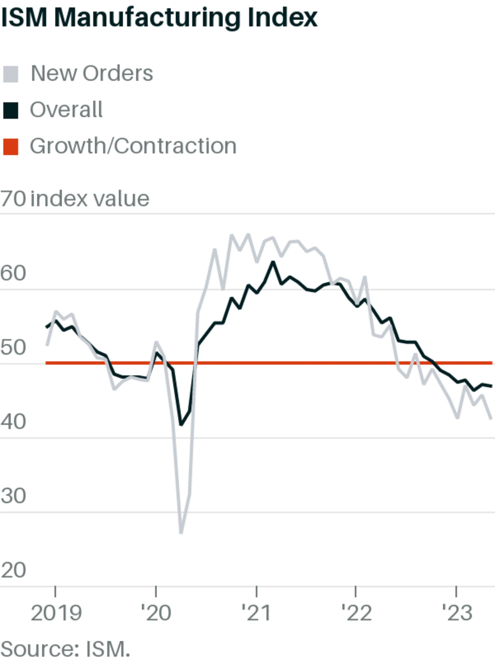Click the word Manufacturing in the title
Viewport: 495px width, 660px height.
click(148, 18)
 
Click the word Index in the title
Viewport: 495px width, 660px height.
click(282, 18)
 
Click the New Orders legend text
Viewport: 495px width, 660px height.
click(92, 73)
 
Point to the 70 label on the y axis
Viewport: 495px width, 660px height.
click(13, 199)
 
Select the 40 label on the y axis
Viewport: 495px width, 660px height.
click(13, 422)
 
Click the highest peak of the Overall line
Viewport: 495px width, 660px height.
click(272, 262)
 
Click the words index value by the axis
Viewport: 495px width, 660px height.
click(90, 199)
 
